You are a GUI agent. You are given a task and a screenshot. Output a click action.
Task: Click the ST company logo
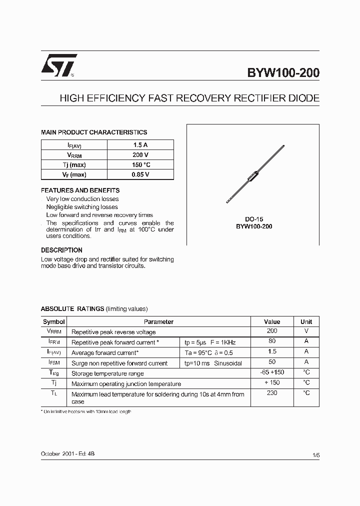click(x=58, y=65)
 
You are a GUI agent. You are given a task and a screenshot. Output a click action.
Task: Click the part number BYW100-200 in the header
click(x=283, y=73)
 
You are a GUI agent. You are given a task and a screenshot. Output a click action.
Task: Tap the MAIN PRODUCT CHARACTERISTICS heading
click(x=94, y=132)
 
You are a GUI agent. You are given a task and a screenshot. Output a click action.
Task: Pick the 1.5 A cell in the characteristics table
click(x=140, y=145)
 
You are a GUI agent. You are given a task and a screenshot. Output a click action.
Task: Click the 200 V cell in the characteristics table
click(x=140, y=155)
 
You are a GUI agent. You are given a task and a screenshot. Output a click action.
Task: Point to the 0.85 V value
click(x=140, y=174)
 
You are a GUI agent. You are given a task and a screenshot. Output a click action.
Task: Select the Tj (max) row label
click(x=74, y=165)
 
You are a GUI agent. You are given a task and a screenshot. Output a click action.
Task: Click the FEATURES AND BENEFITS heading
click(x=80, y=190)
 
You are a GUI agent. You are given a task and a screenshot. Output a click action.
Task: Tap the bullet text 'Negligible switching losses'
click(x=82, y=207)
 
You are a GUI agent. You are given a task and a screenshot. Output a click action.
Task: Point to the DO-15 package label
click(x=254, y=219)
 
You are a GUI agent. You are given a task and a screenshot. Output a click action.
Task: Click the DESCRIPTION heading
click(x=61, y=250)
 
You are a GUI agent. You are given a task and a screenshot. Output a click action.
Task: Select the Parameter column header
click(x=158, y=322)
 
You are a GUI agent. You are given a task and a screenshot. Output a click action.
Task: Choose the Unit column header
click(x=306, y=322)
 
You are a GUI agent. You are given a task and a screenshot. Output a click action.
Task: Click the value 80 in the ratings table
click(x=272, y=341)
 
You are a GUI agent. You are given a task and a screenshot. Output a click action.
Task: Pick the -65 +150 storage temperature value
click(x=272, y=372)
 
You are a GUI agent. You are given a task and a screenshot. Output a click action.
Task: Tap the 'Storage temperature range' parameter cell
click(x=107, y=373)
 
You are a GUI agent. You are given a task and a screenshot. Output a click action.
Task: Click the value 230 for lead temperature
click(x=272, y=393)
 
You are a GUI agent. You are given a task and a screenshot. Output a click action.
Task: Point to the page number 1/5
click(x=315, y=455)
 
